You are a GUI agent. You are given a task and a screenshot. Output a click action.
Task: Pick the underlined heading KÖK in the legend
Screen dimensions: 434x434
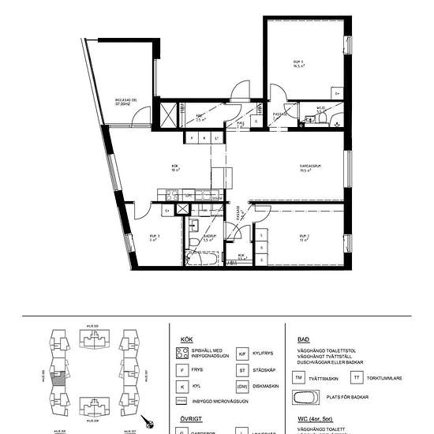point(186,339)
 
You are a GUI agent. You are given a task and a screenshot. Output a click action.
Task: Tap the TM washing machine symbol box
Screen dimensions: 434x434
point(299,379)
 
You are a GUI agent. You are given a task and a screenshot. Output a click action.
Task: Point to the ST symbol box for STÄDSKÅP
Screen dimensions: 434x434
point(243,371)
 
